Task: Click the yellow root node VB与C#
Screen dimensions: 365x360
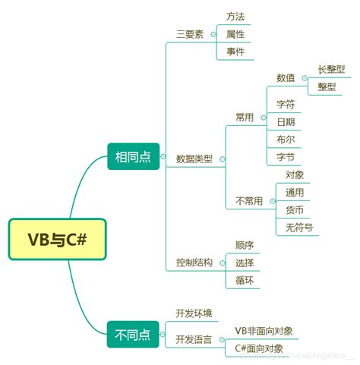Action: [x=57, y=240]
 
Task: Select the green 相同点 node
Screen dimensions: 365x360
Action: [x=132, y=157]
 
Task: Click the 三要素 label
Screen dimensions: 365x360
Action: [x=189, y=35]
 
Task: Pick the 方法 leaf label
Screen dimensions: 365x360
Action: [x=235, y=16]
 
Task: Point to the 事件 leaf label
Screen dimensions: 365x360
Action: [x=235, y=52]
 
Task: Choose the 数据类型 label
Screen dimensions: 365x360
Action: [x=194, y=159]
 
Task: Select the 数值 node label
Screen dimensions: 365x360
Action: [x=286, y=77]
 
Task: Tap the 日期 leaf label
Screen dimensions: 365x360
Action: [x=286, y=121]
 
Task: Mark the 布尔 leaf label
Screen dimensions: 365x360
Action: [x=286, y=140]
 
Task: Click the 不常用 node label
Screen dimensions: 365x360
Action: [x=249, y=201]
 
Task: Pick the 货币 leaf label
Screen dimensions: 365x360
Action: [x=295, y=210]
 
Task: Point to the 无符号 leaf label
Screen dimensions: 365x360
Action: [x=298, y=228]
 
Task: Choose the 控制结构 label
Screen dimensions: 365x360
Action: [x=194, y=263]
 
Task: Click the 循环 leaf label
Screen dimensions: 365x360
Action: [x=245, y=280]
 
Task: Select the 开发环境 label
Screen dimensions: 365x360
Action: [x=194, y=313]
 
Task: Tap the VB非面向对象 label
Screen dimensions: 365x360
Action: [x=264, y=331]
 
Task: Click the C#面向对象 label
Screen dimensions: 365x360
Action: [x=259, y=348]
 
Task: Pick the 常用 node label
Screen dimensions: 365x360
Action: [x=245, y=118]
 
